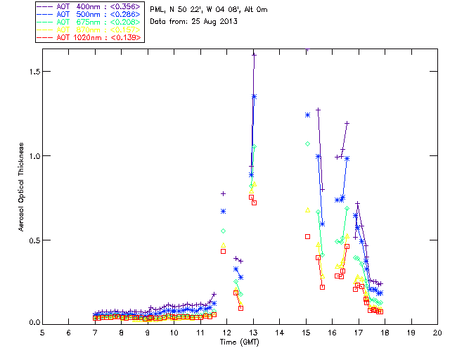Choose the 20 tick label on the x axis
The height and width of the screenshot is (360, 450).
click(x=437, y=332)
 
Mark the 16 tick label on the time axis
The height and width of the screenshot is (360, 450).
click(x=332, y=332)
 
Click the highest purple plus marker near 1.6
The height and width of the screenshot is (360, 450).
click(x=254, y=54)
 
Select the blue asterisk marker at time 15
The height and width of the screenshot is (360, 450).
click(x=307, y=115)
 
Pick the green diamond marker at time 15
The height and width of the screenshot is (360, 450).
click(x=307, y=143)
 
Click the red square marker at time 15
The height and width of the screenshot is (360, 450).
click(x=307, y=236)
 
